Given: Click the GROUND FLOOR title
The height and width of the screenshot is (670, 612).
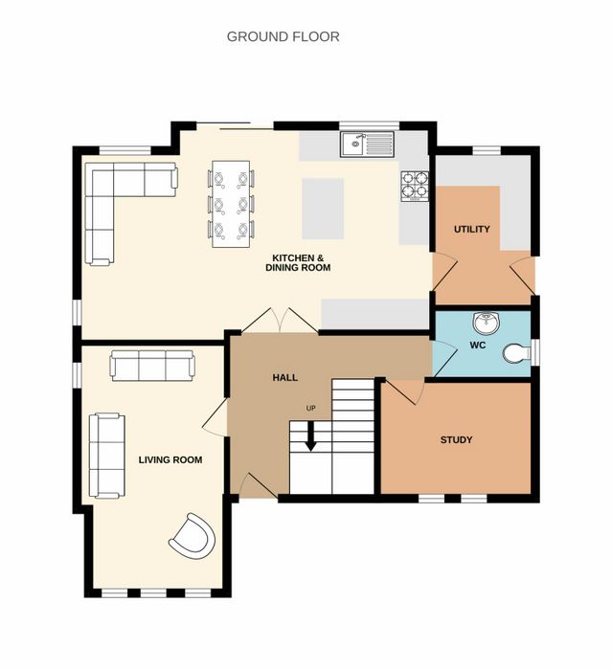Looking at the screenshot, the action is (283, 36).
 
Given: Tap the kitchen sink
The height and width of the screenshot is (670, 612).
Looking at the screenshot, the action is (368, 144).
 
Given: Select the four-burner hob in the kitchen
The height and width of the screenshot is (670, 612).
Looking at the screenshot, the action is (415, 186).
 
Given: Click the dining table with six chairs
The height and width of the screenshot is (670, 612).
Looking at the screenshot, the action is (231, 204).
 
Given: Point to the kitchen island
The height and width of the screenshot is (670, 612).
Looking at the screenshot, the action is (323, 209).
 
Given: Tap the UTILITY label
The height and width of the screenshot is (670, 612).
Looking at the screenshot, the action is (472, 229).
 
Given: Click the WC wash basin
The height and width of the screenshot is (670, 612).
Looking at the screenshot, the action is (487, 323).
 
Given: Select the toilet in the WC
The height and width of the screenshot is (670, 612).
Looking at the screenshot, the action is (516, 353).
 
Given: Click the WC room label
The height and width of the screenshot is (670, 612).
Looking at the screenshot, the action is (478, 345).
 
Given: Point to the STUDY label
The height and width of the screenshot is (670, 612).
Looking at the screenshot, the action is (456, 439).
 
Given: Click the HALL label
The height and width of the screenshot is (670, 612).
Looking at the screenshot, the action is (284, 378).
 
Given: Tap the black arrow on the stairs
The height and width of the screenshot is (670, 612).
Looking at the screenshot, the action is (311, 436).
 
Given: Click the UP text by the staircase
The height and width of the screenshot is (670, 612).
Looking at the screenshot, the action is (311, 408).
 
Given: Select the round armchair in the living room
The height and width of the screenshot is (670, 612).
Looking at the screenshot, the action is (192, 536).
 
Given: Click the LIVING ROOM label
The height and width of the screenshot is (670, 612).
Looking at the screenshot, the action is (170, 459).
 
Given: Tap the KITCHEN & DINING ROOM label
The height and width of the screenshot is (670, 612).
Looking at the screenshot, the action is (298, 263).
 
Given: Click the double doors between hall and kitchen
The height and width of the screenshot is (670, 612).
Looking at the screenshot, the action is (280, 320).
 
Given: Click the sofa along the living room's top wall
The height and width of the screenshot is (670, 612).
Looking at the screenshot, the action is (152, 366).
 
